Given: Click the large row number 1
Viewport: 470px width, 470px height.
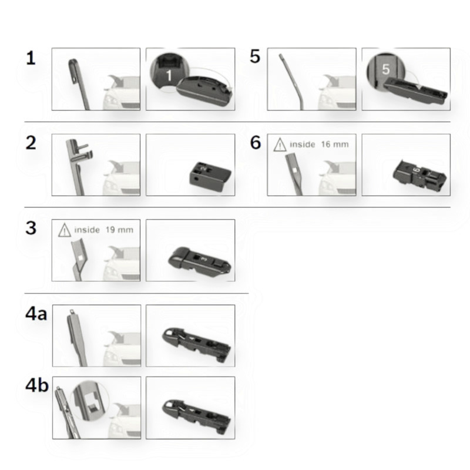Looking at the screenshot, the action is pos(31,58).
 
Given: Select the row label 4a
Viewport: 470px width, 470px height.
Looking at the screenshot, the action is pos(36,314).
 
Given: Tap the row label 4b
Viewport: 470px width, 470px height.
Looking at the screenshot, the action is pos(37,385).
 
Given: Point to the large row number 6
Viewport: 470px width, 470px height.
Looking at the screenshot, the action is pos(256,142).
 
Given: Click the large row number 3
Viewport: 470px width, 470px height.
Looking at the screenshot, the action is pos(31,228).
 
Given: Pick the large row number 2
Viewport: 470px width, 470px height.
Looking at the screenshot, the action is pos(31,143).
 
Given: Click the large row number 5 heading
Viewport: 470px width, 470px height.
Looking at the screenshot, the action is pos(255,56).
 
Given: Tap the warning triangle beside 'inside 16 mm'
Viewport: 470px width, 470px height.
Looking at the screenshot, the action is pos(280,145).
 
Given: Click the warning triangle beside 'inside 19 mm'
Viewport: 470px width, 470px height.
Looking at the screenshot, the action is pos(65,230).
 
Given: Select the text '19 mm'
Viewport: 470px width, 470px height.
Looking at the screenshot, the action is pos(119,230).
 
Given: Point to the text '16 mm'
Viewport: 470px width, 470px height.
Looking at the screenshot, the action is pos(335,145).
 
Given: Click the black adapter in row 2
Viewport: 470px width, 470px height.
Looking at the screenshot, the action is pos(210,177).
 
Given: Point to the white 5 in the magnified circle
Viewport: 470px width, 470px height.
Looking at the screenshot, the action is pos(386,69).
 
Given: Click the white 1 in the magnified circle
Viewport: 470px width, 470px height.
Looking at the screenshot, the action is pos(169,75).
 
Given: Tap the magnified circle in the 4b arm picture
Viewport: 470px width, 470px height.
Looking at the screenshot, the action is pos(89,401).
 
